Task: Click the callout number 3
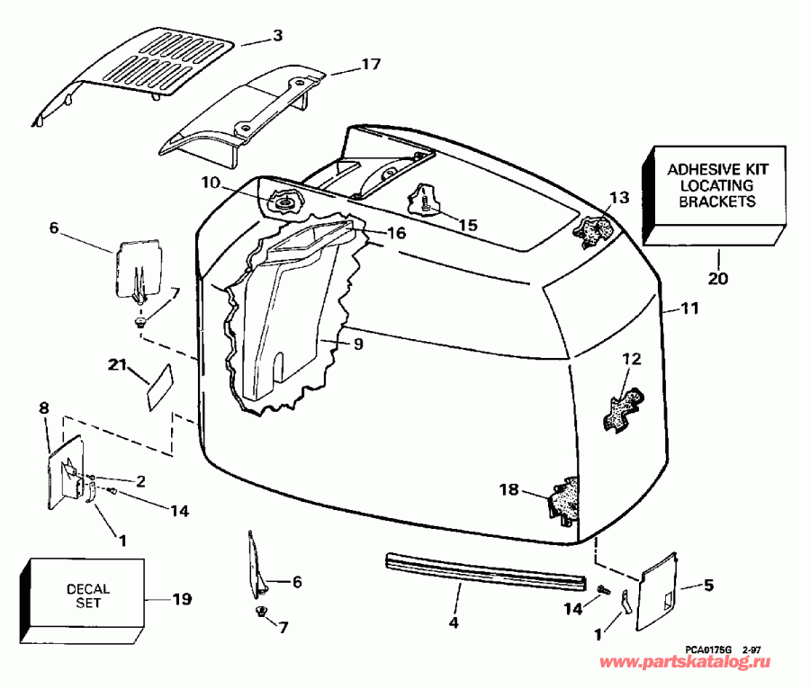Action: point(278,36)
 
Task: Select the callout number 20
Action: point(717,279)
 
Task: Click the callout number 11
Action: point(688,309)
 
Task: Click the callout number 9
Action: point(358,343)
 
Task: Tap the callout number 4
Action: point(454,622)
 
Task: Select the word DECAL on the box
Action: point(88,589)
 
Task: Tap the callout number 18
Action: point(509,489)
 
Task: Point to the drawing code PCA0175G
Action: point(708,647)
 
